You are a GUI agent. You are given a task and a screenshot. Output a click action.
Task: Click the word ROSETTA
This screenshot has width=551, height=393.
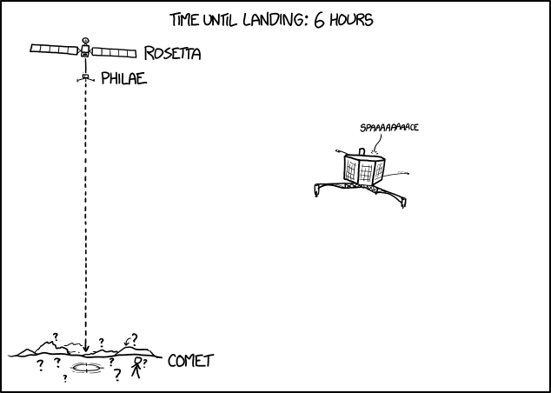coord(173,53)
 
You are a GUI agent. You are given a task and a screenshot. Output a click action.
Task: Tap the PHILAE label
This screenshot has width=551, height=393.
coord(123,78)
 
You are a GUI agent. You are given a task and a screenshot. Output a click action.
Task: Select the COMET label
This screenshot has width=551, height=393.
coord(191,361)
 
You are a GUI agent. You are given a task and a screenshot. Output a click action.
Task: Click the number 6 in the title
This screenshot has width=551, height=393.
coord(319,20)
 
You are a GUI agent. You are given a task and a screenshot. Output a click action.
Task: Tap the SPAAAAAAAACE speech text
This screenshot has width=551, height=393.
coord(389,128)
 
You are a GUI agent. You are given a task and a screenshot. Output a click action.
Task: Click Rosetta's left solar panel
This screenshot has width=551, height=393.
coord(54,50)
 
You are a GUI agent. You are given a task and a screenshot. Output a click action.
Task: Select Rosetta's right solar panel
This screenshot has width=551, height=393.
coord(114,53)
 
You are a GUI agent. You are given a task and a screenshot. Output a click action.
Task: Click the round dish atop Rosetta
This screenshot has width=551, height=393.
coord(85,40)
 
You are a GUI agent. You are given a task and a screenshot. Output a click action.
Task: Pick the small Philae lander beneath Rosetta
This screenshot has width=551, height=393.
coord(86,78)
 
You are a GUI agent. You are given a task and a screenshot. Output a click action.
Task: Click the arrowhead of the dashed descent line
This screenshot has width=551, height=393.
coord(86,349)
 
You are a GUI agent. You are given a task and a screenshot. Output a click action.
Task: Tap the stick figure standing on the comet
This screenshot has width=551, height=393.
coord(136,368)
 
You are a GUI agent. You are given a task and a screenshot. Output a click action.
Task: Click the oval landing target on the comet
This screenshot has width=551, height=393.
coord(86,368)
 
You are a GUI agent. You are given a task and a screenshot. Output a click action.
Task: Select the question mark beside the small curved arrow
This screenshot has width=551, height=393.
coord(134,339)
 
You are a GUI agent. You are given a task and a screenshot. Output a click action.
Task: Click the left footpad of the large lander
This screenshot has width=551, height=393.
coord(316,191)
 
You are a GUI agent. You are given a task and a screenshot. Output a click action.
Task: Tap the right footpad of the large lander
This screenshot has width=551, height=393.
coord(403,203)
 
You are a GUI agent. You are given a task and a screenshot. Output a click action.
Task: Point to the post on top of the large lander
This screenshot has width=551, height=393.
coord(362,151)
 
